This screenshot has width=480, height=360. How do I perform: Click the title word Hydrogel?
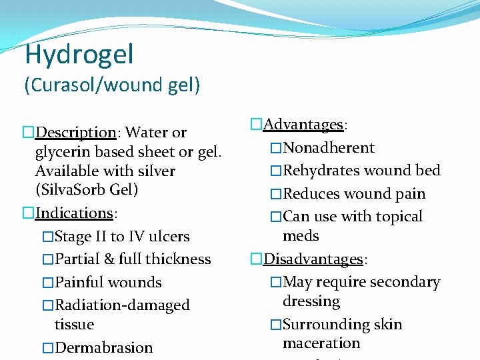point(79,54)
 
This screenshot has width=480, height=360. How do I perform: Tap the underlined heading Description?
point(75,133)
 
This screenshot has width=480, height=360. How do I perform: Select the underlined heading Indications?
point(74,213)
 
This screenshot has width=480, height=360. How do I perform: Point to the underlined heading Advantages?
point(303,125)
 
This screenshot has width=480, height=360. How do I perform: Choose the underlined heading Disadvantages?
point(314,259)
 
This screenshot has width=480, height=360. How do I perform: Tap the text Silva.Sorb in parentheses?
point(73,190)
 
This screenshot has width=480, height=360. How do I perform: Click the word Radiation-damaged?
point(122,305)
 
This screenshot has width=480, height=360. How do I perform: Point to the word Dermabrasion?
point(103,348)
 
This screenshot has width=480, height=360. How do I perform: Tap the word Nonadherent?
point(329,148)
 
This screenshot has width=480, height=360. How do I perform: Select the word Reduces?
point(310,194)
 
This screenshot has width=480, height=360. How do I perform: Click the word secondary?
point(405,283)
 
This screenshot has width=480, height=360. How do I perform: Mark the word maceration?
point(321,343)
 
